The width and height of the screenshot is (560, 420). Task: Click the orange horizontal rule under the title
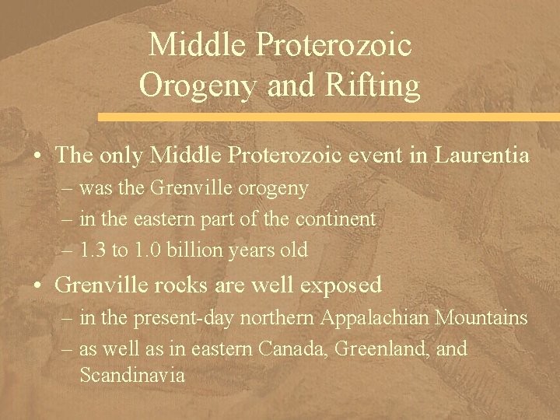coord(327,117)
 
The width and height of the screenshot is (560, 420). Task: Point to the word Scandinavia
coord(132,376)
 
